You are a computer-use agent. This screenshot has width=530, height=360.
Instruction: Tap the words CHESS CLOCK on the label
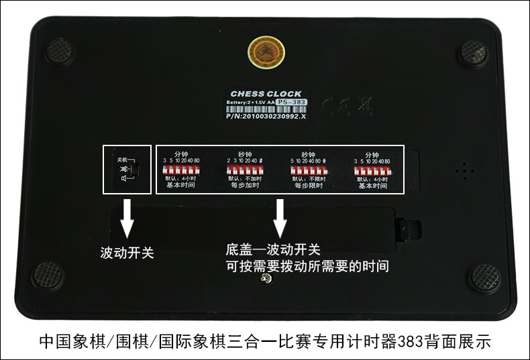pyautogui.click(x=266, y=94)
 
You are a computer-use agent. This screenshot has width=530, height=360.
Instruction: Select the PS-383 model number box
pyautogui.click(x=292, y=102)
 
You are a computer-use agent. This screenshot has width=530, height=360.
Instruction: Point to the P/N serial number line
pyautogui.click(x=266, y=115)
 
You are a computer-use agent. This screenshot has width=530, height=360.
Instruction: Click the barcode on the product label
pyautogui.click(x=266, y=109)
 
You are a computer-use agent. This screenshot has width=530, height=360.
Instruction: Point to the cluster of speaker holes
pyautogui.click(x=462, y=170)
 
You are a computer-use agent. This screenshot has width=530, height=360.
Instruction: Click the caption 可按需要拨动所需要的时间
pyautogui.click(x=307, y=266)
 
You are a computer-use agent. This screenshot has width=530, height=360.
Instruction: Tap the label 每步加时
pyautogui.click(x=244, y=186)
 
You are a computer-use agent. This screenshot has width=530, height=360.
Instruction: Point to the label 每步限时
pyautogui.click(x=308, y=186)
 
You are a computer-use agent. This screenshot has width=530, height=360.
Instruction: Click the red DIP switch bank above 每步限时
pyautogui.click(x=308, y=170)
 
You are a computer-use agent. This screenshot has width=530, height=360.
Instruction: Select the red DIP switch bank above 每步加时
pyautogui.click(x=244, y=170)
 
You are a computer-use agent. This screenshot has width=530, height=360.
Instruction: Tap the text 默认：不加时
pyautogui.click(x=244, y=178)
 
